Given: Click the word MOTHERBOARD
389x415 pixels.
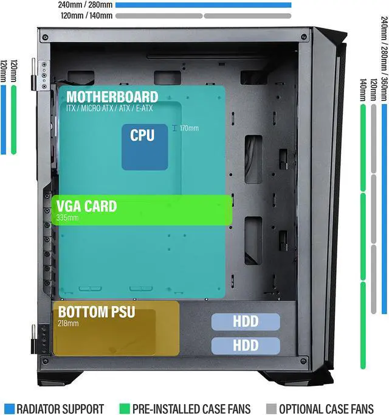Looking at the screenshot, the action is (x=112, y=97).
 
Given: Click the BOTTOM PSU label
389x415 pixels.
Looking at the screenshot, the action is (x=97, y=313).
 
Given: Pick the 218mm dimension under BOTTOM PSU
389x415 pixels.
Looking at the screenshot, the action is (x=68, y=323).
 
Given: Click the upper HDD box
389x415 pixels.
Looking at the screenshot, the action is (x=246, y=322).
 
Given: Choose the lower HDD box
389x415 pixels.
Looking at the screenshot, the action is (x=246, y=346).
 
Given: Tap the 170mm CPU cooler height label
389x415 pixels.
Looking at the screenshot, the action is (x=188, y=128).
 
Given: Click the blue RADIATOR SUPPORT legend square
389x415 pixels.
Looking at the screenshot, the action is (x=9, y=408).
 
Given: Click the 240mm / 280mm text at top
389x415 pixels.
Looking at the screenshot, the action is (x=84, y=5).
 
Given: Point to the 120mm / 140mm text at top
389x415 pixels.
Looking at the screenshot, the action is (x=87, y=16).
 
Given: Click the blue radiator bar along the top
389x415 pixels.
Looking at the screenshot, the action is (x=203, y=5).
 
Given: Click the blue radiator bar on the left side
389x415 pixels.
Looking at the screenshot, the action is (x=4, y=119).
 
